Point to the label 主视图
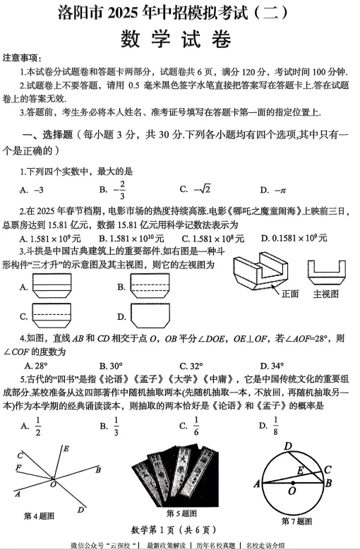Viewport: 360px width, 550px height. (325, 294)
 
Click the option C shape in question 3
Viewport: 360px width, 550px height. (61, 316)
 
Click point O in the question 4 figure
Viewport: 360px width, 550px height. (54, 484)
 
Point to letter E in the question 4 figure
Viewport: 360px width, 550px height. (66, 448)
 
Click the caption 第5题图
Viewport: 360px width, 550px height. (181, 513)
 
